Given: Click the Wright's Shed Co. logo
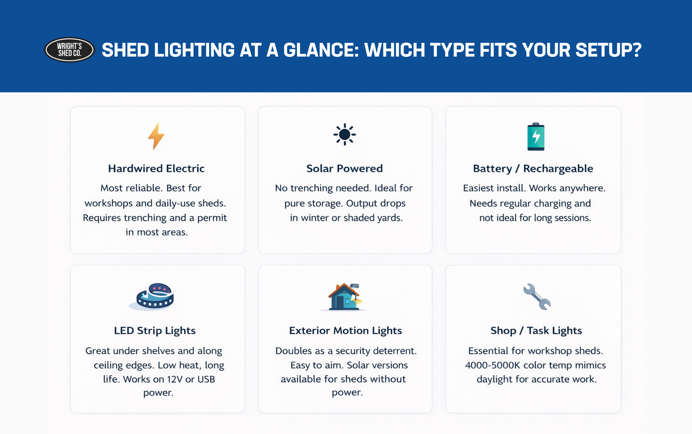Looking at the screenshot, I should (69, 50).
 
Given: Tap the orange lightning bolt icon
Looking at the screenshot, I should (156, 136).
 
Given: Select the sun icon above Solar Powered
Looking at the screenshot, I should (345, 134).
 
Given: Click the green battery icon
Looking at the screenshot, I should (536, 137).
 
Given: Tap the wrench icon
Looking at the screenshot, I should (537, 296).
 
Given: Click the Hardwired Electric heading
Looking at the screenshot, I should (156, 168).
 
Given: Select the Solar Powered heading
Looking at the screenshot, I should (345, 168).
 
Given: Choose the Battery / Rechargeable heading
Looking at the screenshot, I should (533, 168).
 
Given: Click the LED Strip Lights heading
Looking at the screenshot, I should (155, 331).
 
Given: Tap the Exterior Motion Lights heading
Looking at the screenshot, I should (345, 331).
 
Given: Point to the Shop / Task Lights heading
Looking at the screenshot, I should (536, 331).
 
